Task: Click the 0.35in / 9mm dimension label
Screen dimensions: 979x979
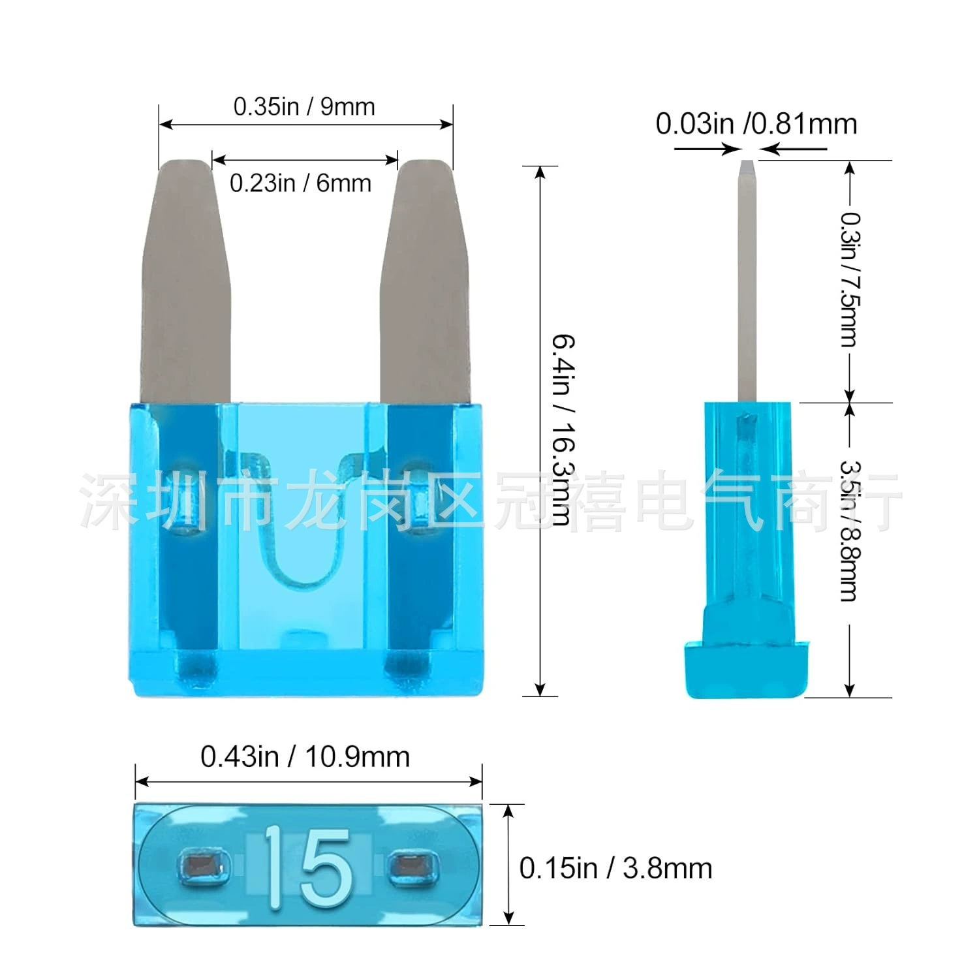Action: (x=304, y=106)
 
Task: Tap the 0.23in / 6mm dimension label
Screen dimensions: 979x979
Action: (x=300, y=183)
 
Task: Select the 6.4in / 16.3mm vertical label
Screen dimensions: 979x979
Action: (x=563, y=430)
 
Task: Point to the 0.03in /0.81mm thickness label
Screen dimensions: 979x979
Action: (x=756, y=124)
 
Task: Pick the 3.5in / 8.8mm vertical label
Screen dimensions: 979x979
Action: (x=849, y=531)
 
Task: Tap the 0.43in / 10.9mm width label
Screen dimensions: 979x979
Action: (x=305, y=757)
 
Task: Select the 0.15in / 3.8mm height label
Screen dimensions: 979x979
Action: (x=615, y=868)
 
